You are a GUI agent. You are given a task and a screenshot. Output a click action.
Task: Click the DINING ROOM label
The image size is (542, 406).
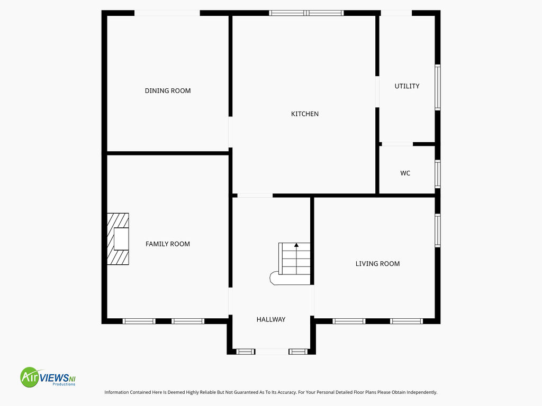(168, 91)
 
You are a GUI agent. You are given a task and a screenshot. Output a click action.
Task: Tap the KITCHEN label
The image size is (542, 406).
(304, 114)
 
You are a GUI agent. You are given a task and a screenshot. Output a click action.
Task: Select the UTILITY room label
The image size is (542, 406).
(407, 86)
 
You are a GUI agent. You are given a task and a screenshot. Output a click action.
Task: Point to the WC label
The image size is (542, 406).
(405, 173)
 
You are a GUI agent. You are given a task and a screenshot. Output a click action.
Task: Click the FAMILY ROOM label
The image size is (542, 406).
(168, 244)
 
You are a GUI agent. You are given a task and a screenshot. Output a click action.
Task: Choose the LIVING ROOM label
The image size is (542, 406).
(377, 264)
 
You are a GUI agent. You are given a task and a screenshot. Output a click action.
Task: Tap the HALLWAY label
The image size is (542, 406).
(271, 320)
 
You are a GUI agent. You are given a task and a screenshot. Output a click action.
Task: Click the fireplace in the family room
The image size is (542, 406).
(118, 239)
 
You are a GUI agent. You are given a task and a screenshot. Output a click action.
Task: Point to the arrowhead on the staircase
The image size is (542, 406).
(296, 245)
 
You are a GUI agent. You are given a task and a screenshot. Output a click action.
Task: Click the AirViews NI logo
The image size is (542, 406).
(48, 377)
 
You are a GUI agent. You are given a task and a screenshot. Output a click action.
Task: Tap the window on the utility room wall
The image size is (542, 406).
(438, 87)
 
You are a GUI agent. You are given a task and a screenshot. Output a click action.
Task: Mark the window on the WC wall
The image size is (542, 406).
(438, 174)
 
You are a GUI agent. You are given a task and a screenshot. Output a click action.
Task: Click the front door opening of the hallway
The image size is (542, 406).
(272, 352)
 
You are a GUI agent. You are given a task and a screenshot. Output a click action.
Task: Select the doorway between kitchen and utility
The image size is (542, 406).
(377, 92)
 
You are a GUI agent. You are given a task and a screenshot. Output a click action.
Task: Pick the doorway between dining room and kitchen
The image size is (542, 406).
(230, 132)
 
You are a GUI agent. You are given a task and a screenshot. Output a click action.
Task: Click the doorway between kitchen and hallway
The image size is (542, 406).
(255, 196)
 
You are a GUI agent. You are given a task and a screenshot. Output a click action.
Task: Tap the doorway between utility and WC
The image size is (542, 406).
(397, 144)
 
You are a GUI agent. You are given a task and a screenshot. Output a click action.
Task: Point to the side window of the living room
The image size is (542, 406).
(438, 230)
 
